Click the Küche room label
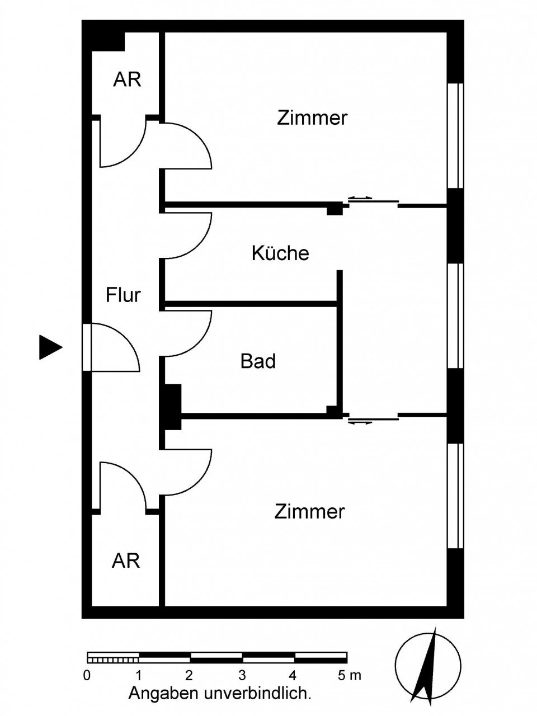pyautogui.click(x=280, y=253)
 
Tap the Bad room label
pyautogui.click(x=258, y=361)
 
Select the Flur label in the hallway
pyautogui.click(x=123, y=295)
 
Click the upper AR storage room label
pyautogui.click(x=127, y=79)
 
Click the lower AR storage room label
pyautogui.click(x=126, y=560)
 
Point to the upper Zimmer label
pyautogui.click(x=312, y=118)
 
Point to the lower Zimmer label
pyautogui.click(x=309, y=511)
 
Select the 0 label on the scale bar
pyautogui.click(x=87, y=675)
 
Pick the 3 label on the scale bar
pyautogui.click(x=242, y=675)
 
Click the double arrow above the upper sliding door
pyautogui.click(x=360, y=197)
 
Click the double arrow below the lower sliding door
pyautogui.click(x=360, y=422)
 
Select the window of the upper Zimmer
pyautogui.click(x=456, y=135)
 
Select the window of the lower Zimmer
pyautogui.click(x=456, y=496)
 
